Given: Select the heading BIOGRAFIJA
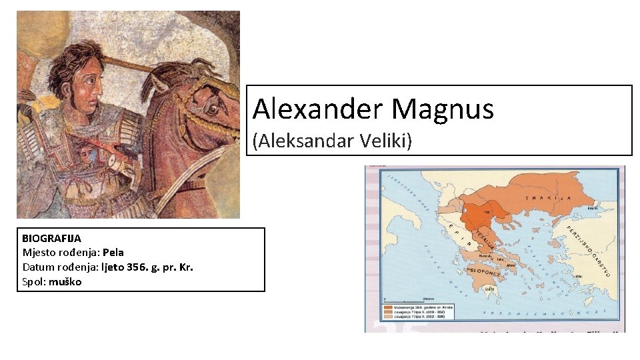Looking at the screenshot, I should (51, 238).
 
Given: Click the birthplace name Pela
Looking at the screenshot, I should (113, 252).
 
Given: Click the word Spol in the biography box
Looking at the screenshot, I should (33, 281).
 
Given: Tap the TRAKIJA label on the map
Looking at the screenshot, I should (551, 198).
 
